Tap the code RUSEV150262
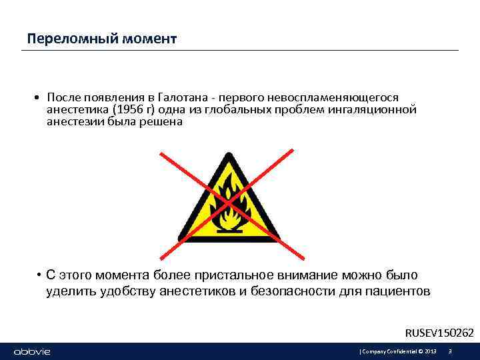point(440,333)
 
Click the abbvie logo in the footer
point(31,351)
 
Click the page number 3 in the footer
point(451,351)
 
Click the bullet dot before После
point(38,98)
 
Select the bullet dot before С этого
point(41,275)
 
